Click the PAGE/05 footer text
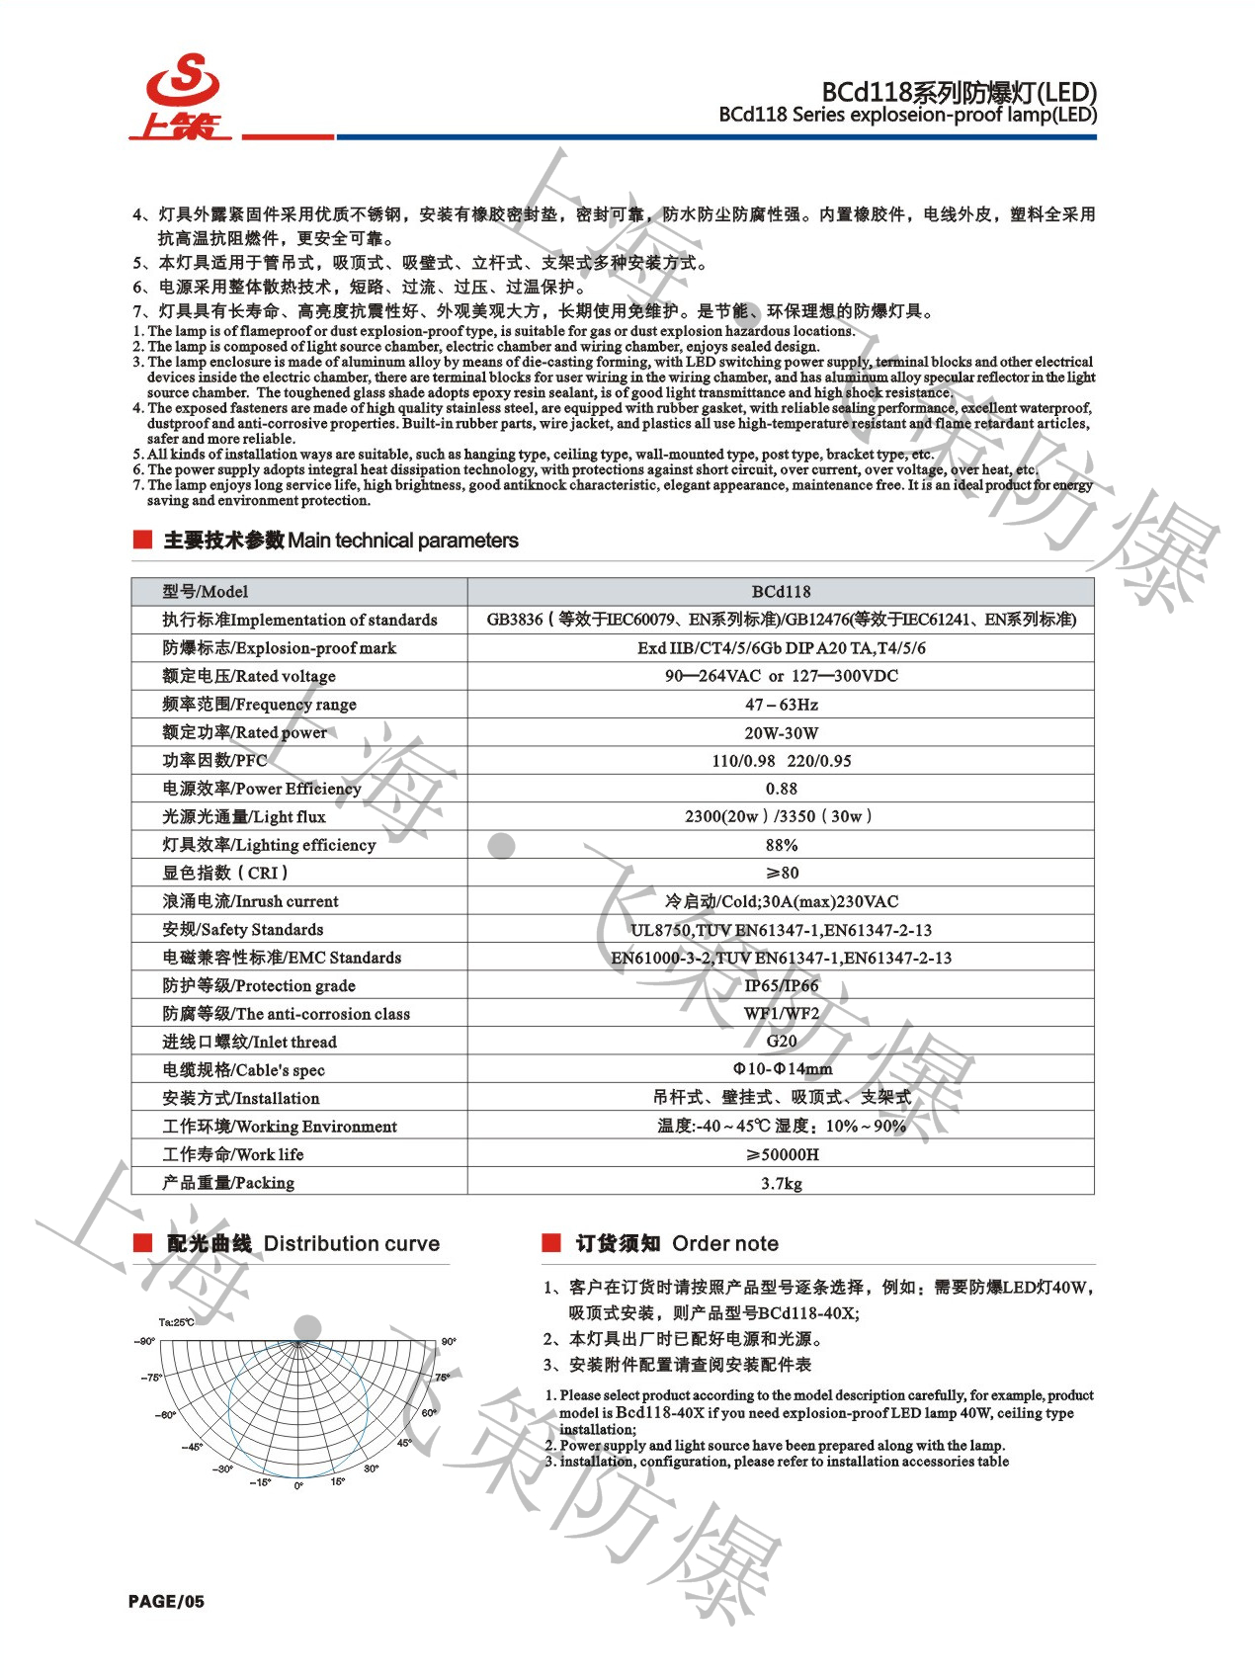(166, 1601)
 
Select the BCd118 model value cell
(781, 592)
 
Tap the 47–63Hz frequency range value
(781, 705)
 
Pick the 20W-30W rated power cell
(781, 733)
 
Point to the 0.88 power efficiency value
(781, 789)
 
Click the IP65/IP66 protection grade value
(781, 985)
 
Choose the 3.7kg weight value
(781, 1183)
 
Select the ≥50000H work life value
(781, 1154)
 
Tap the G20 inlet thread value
(781, 1042)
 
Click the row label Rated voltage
(249, 677)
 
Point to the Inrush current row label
(250, 901)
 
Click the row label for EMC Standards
(282, 958)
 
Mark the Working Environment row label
(280, 1127)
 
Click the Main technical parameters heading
(340, 541)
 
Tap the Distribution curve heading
(302, 1243)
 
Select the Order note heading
(677, 1243)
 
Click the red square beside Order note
(551, 1242)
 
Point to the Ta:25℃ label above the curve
(177, 1322)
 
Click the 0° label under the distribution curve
(298, 1486)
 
